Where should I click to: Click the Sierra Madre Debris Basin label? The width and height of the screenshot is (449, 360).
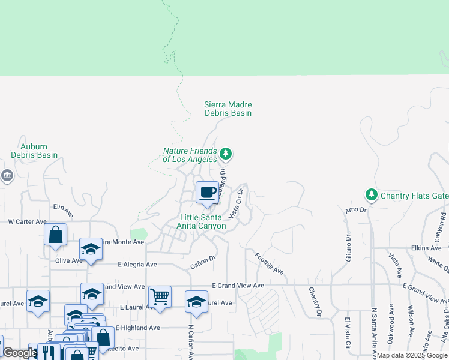pyautogui.click(x=228, y=109)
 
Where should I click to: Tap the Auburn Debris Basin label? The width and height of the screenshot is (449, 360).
pyautogui.click(x=34, y=151)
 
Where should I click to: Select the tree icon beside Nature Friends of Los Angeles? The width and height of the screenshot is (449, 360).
pyautogui.click(x=226, y=154)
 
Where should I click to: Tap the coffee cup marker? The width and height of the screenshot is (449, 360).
pyautogui.click(x=207, y=193)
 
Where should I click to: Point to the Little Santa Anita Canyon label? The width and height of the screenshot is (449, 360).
pyautogui.click(x=201, y=221)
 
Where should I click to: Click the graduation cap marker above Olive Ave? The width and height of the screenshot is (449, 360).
pyautogui.click(x=91, y=249)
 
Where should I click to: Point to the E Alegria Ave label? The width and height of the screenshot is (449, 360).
pyautogui.click(x=137, y=265)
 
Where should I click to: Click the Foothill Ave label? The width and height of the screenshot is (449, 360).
pyautogui.click(x=268, y=263)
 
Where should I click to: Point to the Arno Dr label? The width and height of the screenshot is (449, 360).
pyautogui.click(x=355, y=210)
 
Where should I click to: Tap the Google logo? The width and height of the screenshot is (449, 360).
pyautogui.click(x=20, y=353)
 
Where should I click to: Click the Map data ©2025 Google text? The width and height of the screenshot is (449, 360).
pyautogui.click(x=411, y=355)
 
